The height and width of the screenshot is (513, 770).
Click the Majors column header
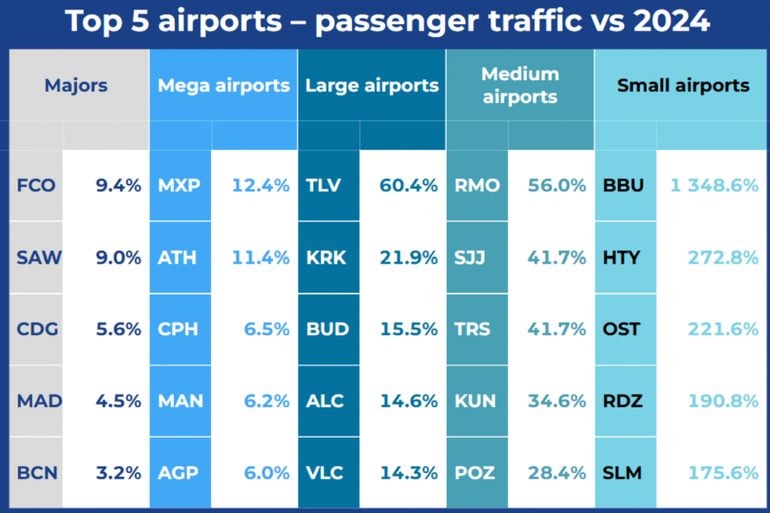click(x=76, y=85)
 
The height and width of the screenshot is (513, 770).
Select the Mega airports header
click(x=223, y=85)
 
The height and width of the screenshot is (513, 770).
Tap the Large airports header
click(x=372, y=85)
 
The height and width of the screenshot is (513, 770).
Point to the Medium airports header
click(x=520, y=85)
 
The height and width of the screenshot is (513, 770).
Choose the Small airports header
click(x=683, y=85)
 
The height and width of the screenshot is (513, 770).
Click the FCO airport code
click(x=36, y=185)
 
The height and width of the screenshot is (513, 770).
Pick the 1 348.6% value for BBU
click(x=714, y=185)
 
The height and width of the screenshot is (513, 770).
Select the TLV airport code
click(x=323, y=185)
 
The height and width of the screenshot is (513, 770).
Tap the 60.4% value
click(x=409, y=185)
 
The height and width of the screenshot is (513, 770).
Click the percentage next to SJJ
click(x=557, y=258)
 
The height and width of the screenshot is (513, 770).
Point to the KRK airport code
click(x=326, y=258)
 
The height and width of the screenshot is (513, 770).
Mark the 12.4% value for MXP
click(x=261, y=185)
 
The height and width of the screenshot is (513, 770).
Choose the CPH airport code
click(x=178, y=329)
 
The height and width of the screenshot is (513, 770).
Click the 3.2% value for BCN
click(x=119, y=472)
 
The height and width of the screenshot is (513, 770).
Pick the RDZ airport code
click(x=622, y=401)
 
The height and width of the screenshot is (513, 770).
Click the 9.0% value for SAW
click(x=119, y=258)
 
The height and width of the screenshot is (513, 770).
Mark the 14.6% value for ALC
click(x=409, y=401)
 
